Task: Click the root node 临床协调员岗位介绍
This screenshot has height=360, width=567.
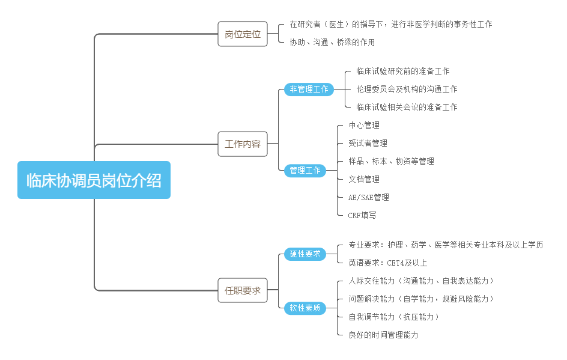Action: pos(94,180)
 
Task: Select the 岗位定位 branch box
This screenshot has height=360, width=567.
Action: pos(242,34)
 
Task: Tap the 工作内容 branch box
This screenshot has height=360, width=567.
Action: pos(242,144)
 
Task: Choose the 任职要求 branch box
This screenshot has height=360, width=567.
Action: pos(242,290)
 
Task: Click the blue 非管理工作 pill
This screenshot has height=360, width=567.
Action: pos(309,89)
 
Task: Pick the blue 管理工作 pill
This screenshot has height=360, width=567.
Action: pos(305,170)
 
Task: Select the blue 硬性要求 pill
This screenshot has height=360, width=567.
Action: pos(305,254)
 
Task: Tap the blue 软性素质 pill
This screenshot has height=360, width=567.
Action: pos(305,308)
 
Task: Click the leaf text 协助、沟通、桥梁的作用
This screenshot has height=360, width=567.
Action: pos(332,42)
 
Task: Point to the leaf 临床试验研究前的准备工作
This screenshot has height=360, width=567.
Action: pos(402,71)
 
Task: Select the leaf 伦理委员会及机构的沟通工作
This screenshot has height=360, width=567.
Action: pos(406,89)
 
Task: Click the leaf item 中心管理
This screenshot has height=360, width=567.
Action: pos(363,125)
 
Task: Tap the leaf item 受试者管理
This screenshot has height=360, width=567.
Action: pos(368,143)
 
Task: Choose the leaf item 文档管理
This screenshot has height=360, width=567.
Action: pos(363,179)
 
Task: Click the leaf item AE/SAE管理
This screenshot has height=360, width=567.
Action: pos(368,197)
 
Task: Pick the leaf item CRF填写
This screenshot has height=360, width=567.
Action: pos(362,215)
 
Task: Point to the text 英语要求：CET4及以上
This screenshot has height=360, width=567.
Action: pos(387,263)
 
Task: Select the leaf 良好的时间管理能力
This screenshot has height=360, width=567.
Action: pos(383,335)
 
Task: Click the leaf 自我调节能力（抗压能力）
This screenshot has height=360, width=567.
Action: pos(394,317)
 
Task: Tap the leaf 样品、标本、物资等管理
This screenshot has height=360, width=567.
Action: pos(391,161)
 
